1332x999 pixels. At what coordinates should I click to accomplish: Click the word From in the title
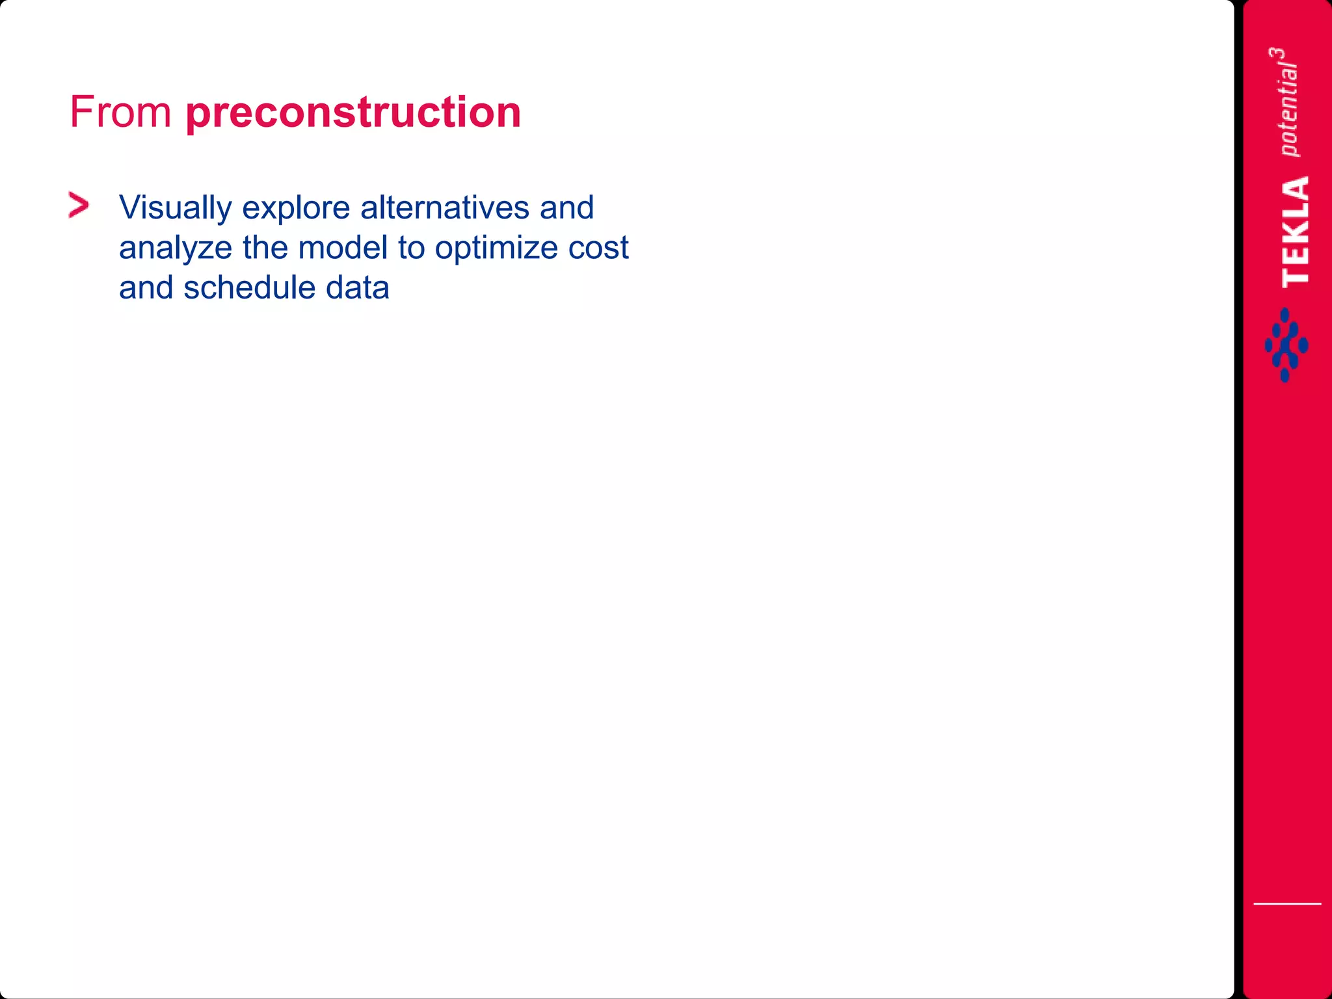coord(120,112)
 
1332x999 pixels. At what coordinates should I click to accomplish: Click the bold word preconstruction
coord(353,113)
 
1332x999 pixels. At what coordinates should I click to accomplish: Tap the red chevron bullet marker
coord(79,206)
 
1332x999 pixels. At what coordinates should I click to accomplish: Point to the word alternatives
coord(445,207)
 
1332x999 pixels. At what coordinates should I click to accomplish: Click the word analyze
coord(175,248)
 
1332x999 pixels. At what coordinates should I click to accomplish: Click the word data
coord(357,287)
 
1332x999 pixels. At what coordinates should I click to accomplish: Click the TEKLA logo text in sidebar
coord(1296,232)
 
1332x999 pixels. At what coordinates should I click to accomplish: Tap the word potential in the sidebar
coord(1288,111)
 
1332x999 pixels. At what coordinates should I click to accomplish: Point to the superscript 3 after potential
coord(1277,55)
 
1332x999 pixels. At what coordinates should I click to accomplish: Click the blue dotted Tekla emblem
coord(1286,345)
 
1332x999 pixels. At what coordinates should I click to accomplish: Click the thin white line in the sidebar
coord(1287,903)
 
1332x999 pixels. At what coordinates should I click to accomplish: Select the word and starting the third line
coord(146,287)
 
